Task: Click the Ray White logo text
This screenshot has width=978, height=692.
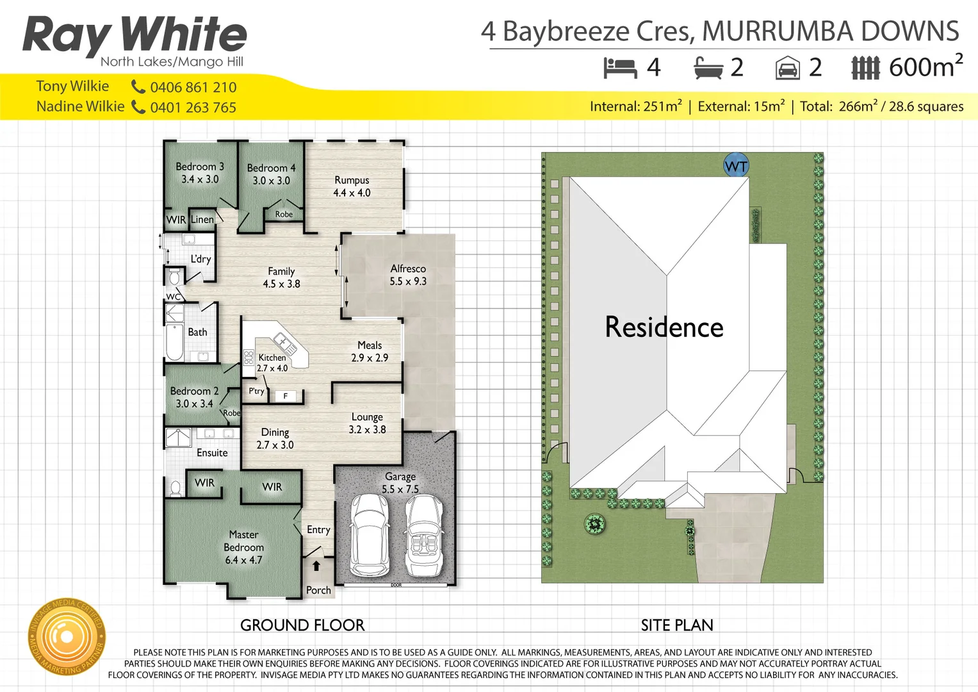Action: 134,35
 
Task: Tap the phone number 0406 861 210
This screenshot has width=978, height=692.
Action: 193,87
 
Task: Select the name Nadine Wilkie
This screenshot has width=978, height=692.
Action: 80,106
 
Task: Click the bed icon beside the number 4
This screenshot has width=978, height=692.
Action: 620,68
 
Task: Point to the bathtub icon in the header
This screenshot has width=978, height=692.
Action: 708,68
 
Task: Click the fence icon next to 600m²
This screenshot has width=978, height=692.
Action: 865,68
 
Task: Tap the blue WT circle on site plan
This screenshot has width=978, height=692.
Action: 736,166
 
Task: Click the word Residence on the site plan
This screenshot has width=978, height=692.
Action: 664,327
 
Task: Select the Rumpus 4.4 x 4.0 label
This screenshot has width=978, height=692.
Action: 352,186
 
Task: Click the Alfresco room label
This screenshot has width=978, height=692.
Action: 408,275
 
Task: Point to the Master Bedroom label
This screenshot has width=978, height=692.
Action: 243,547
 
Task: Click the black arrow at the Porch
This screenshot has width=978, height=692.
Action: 316,566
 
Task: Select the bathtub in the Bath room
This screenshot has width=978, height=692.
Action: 175,343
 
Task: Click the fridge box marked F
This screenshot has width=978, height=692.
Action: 286,396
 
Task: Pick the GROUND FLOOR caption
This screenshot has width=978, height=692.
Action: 302,625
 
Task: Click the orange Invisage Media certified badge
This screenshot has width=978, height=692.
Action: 66,637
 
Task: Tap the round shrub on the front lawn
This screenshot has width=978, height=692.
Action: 595,524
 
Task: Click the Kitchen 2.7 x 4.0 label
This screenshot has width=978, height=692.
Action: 272,363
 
